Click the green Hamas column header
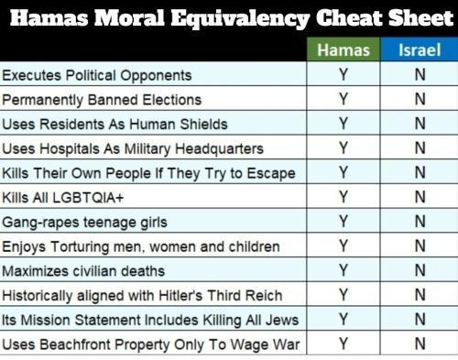(343, 50)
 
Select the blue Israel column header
(420, 50)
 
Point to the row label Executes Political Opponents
(97, 75)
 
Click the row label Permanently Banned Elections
(102, 99)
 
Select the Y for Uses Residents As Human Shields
(343, 124)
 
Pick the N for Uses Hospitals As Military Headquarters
(420, 148)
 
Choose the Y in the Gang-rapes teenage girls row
(343, 222)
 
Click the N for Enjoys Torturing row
(420, 246)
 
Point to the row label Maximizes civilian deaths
(83, 271)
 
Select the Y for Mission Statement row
(343, 320)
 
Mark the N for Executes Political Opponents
(420, 75)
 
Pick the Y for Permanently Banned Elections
(343, 99)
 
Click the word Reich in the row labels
(263, 295)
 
